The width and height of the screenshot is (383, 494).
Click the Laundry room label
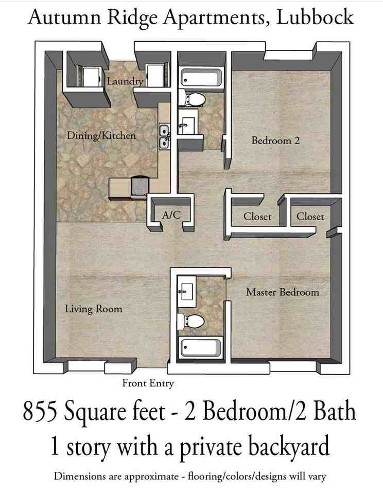coord(125,81)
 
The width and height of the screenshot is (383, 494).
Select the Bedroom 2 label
coord(275,140)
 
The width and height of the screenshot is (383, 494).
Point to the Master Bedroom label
coord(282,292)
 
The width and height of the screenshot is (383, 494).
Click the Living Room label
coord(94,309)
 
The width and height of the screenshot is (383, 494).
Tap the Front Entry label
coord(148,383)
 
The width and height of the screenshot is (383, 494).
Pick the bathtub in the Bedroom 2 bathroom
coord(201,79)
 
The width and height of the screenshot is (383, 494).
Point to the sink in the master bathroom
coord(185,291)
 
